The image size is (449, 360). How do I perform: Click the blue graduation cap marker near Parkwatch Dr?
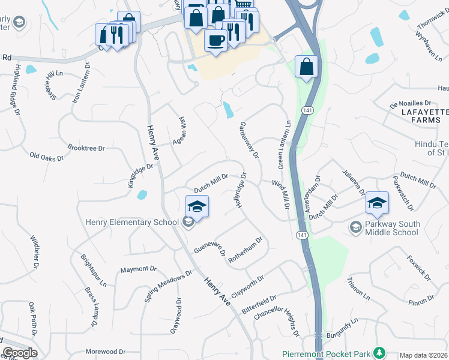tap(378, 203)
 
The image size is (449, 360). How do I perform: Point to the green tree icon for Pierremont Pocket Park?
tap(379, 352)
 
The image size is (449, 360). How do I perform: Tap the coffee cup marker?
tap(215, 41)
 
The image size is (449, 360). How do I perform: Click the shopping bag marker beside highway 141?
tap(306, 67)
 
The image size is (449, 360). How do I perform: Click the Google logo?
tap(19, 353)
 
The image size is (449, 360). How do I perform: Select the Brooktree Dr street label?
tap(86, 148)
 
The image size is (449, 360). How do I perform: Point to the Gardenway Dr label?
tap(249, 139)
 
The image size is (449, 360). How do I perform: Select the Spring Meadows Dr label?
tap(168, 285)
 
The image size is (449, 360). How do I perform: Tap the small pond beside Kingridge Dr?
tap(142, 195)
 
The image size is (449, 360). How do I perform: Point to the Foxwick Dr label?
tap(418, 268)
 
